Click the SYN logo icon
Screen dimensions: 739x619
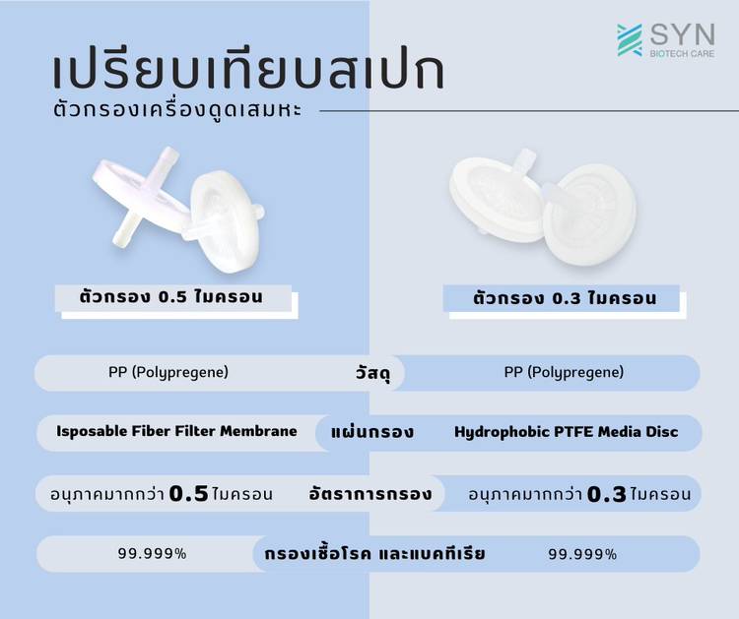[630, 40]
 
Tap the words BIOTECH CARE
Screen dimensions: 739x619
[682, 54]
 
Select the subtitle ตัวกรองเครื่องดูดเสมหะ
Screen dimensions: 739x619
[177, 110]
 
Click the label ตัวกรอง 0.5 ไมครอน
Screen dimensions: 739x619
[171, 297]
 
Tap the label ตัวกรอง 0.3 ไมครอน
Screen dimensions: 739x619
[565, 298]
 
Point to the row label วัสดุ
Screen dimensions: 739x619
[372, 374]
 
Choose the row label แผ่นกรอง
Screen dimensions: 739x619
[372, 432]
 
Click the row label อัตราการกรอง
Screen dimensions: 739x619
[370, 494]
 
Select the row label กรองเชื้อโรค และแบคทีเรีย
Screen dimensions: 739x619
[374, 554]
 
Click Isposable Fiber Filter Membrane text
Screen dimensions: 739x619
[176, 431]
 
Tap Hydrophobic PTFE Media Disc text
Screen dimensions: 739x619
[566, 432]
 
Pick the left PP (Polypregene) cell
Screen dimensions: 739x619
[168, 372]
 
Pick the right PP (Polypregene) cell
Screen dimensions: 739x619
[564, 372]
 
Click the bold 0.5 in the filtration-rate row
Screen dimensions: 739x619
[188, 494]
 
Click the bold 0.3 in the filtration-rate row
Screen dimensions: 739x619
[607, 494]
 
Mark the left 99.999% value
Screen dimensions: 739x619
[152, 554]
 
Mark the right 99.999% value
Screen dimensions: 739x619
[582, 554]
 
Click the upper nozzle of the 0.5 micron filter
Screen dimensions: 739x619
[167, 160]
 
